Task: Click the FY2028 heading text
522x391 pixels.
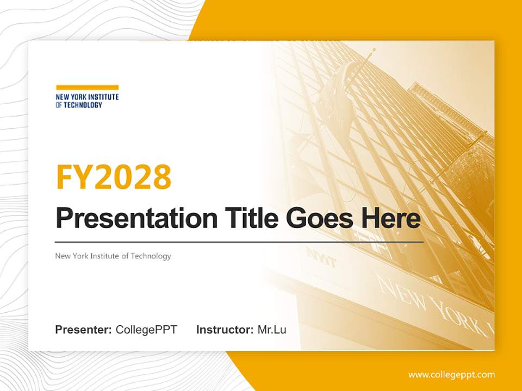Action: pyautogui.click(x=114, y=176)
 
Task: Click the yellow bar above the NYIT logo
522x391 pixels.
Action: pyautogui.click(x=87, y=87)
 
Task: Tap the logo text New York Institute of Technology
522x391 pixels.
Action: pyautogui.click(x=87, y=101)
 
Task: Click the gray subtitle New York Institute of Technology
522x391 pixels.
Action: pyautogui.click(x=113, y=256)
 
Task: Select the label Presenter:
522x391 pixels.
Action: pyautogui.click(x=84, y=330)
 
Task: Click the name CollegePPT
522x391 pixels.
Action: pyautogui.click(x=146, y=330)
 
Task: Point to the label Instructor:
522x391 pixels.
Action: pyautogui.click(x=225, y=330)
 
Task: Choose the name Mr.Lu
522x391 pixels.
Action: pyautogui.click(x=272, y=330)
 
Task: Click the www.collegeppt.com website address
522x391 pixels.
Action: pyautogui.click(x=451, y=374)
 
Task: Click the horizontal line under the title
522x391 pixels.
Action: pyautogui.click(x=239, y=242)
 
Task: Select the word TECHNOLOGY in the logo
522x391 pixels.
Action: pyautogui.click(x=83, y=105)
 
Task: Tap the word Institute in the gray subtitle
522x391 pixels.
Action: pyautogui.click(x=109, y=256)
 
